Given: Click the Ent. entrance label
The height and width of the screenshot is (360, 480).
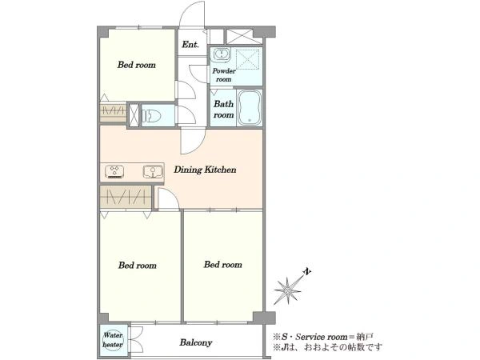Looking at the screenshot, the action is [190, 45].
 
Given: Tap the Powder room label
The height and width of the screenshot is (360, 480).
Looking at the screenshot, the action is [224, 75].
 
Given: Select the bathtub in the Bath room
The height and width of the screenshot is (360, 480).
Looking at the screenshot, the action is [250, 108].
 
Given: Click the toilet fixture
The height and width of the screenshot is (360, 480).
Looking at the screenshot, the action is [151, 116].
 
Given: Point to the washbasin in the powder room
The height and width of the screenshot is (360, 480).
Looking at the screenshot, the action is [220, 54].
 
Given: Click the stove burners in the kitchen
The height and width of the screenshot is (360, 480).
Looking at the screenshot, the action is [114, 171].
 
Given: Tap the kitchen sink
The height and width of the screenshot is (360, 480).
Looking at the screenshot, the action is [153, 171].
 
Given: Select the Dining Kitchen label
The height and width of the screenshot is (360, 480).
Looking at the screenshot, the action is [205, 170].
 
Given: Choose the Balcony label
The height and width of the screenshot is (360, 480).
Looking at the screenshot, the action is [196, 342].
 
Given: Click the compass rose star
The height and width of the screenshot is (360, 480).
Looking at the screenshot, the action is [288, 290].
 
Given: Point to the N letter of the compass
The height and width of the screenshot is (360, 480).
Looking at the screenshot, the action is [307, 271].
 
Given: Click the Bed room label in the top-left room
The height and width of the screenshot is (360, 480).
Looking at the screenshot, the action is [137, 65].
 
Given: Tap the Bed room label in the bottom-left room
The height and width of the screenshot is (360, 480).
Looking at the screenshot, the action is [138, 265].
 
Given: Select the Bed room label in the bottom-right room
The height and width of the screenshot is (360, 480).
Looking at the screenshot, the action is [223, 265].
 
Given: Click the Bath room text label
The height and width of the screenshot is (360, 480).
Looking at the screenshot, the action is [223, 110].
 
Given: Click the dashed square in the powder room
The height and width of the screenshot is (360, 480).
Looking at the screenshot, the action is [248, 59].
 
